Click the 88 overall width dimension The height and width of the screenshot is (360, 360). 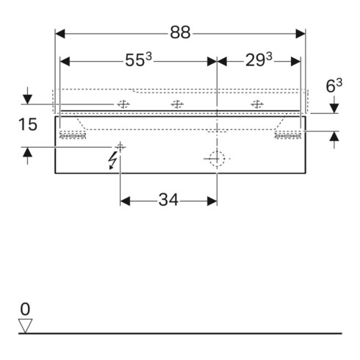[180, 32]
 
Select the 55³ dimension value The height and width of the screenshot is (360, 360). [139, 60]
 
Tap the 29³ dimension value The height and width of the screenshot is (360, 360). [259, 60]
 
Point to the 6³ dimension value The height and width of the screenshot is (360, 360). [334, 85]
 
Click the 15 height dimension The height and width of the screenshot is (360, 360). [28, 124]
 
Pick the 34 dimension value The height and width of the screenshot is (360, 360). [168, 200]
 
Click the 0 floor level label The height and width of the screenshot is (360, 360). [25, 309]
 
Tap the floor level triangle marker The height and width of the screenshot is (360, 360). [26, 325]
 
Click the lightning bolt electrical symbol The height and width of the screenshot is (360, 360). [113, 160]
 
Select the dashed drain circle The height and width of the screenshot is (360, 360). [217, 159]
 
